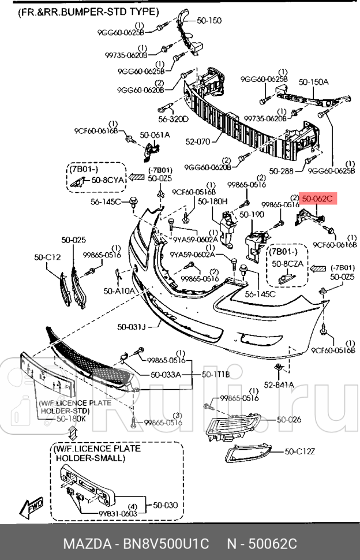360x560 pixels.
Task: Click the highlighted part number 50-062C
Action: tap(317, 200)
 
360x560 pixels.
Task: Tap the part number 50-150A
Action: tap(313, 82)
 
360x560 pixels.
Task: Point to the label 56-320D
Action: tap(174, 120)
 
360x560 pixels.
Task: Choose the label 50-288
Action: tap(282, 171)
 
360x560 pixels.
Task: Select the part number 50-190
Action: tap(252, 214)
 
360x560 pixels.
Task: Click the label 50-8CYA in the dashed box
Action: tap(108, 180)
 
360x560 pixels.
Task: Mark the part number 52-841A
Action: tap(279, 384)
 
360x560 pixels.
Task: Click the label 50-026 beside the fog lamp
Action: tap(289, 420)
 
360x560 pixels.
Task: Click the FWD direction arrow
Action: tap(31, 507)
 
